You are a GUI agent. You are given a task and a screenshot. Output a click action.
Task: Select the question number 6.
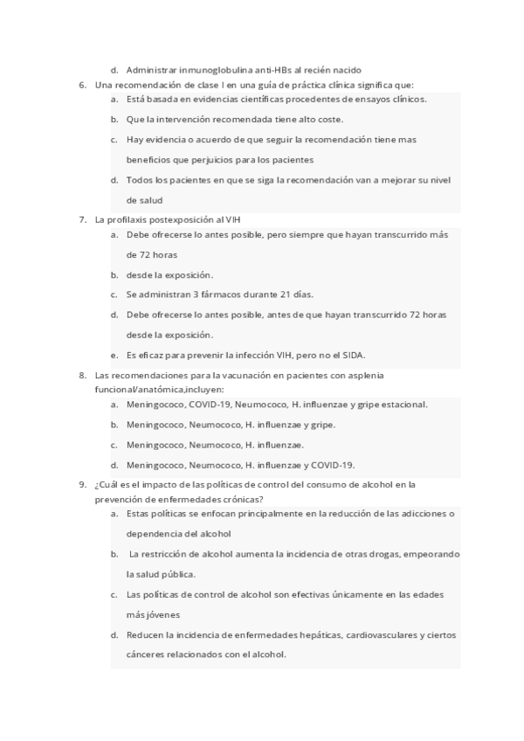(81, 85)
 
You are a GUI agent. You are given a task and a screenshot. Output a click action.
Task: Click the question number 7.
(81, 219)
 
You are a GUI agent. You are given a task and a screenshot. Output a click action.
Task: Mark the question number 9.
(81, 483)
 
